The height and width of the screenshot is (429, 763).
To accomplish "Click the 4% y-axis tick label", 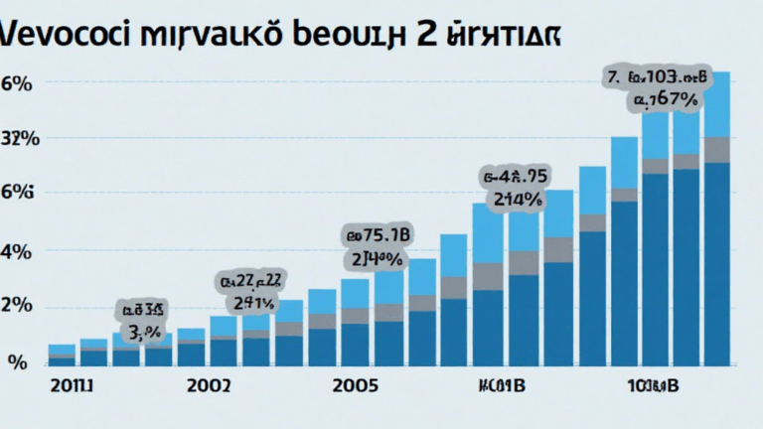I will pyautogui.click(x=18, y=251).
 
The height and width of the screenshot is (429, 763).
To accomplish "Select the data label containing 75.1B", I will pyautogui.click(x=378, y=236).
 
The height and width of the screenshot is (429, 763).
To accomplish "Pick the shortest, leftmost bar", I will pyautogui.click(x=62, y=357).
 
